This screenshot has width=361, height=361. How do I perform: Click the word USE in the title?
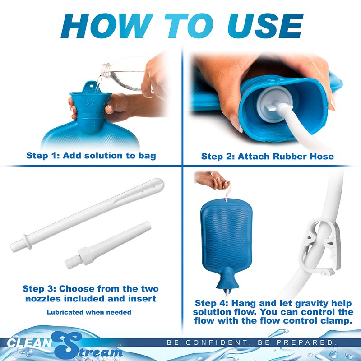pyautogui.click(x=265, y=26)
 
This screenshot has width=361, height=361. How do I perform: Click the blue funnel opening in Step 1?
pyautogui.click(x=91, y=94)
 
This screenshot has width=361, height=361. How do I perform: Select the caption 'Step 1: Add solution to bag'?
pyautogui.click(x=91, y=156)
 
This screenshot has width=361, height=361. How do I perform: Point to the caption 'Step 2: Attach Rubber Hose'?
pyautogui.click(x=268, y=157)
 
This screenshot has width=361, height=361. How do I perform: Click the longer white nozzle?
pyautogui.click(x=87, y=215)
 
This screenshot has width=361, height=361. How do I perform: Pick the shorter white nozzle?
pyautogui.click(x=108, y=245)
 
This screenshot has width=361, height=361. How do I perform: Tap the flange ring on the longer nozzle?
pyautogui.click(x=27, y=241)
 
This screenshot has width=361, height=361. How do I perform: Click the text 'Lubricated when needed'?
pyautogui.click(x=89, y=312)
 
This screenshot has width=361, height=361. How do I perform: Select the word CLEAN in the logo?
pyautogui.click(x=29, y=342)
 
